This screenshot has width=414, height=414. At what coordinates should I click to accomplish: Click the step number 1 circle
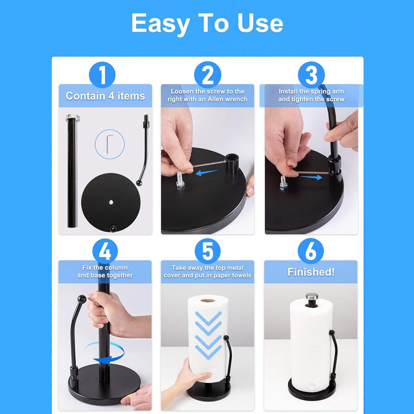[102, 75]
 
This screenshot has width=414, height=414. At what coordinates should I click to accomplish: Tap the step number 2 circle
[208, 75]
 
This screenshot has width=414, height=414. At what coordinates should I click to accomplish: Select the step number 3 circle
[311, 75]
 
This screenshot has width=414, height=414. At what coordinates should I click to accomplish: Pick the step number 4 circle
[105, 251]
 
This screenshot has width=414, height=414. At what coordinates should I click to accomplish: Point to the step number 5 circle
[208, 251]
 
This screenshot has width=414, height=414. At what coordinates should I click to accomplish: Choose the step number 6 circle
[310, 251]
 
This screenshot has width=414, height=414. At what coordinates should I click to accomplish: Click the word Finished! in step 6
[311, 272]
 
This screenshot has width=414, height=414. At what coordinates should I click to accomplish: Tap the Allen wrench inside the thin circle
[109, 144]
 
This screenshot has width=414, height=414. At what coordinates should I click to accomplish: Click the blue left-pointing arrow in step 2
[207, 173]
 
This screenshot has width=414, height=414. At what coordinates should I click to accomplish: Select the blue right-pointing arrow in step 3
[311, 177]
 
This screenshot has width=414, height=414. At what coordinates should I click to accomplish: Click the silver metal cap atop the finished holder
[312, 297]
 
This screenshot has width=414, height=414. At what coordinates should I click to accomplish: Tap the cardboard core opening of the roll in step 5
[208, 300]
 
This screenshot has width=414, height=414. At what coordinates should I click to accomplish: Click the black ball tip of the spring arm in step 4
[82, 299]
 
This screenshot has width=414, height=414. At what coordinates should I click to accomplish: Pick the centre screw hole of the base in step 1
[111, 202]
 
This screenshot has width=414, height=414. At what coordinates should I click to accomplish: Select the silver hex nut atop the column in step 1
[73, 117]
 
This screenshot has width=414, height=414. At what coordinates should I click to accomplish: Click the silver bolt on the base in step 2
[180, 180]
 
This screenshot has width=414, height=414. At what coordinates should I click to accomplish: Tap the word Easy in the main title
[160, 23]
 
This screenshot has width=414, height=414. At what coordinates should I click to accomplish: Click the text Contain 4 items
[105, 96]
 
